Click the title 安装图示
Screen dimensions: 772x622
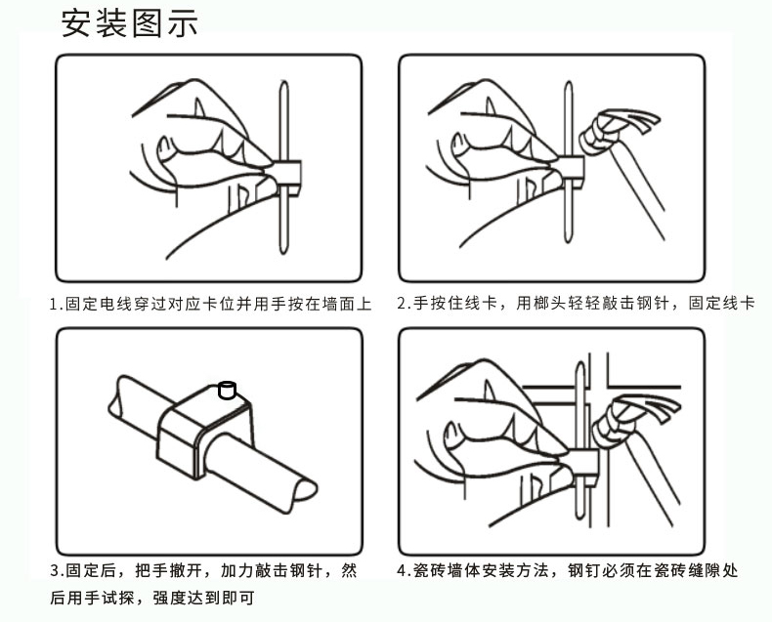click(130, 23)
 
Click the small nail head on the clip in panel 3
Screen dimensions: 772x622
click(227, 390)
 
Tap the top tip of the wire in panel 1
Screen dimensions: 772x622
click(283, 83)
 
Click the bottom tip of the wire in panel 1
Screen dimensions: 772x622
click(283, 251)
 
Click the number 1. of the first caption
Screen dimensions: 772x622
click(57, 304)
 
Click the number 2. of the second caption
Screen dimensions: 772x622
click(404, 303)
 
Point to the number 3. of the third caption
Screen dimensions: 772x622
click(57, 571)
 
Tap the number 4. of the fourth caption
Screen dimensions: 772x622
click(404, 571)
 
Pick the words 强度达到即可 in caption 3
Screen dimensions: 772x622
click(204, 598)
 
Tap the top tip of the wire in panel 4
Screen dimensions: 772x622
click(580, 364)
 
